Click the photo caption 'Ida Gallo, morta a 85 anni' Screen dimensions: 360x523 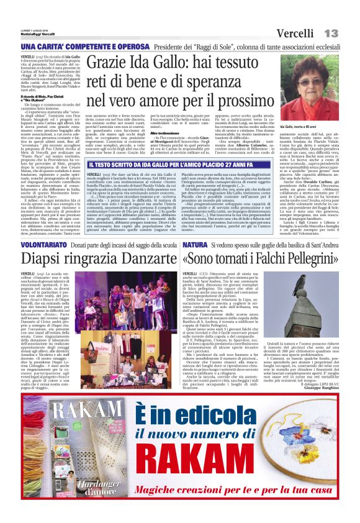coord(300,127)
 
